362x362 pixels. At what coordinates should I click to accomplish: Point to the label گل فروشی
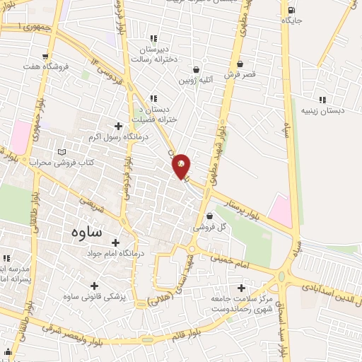[210, 229]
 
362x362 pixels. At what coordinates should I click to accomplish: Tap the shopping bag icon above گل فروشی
[209, 217]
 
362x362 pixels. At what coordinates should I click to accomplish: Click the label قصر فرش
[241, 74]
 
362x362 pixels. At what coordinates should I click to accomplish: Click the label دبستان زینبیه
[322, 111]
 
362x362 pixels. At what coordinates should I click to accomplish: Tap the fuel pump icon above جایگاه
[292, 9]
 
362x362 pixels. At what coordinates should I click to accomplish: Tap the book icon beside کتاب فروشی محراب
[62, 151]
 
